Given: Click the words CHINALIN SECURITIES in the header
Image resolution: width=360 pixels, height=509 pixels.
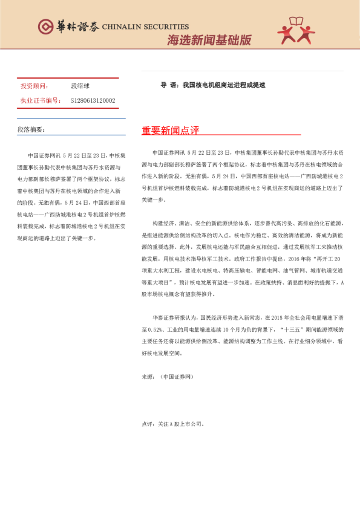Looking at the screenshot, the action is tap(145, 27).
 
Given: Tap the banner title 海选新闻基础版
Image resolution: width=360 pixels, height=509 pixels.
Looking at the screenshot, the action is tap(209, 41).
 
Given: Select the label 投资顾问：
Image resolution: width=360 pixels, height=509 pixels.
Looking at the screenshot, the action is tap(34, 86).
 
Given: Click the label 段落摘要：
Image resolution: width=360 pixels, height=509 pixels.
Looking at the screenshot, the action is tap(31, 129).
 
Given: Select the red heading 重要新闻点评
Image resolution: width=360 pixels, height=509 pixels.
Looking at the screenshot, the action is tap(170, 131).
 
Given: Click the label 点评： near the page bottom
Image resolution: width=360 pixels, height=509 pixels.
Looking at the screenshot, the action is tap(148, 424).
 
